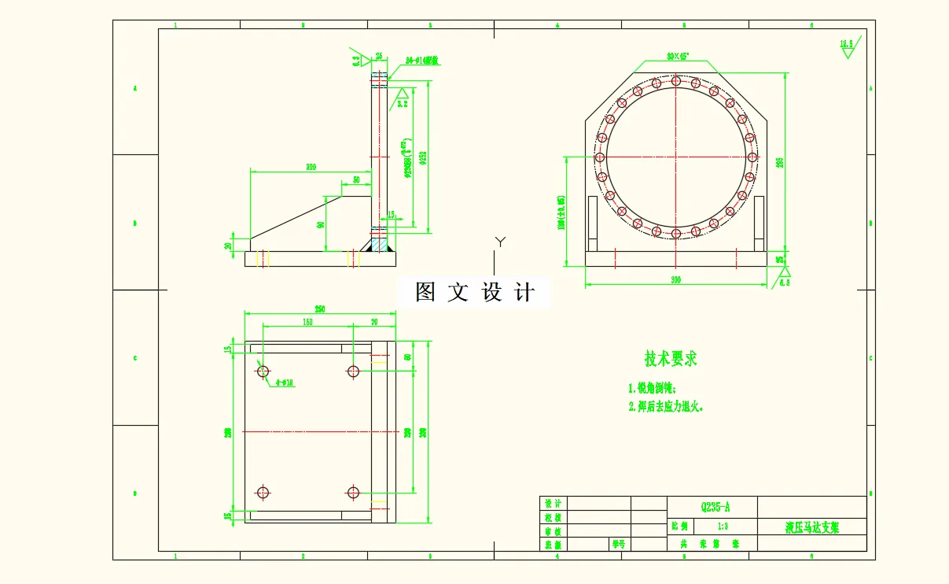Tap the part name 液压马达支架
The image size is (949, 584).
(x=812, y=527)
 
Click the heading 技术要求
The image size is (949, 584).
(x=671, y=360)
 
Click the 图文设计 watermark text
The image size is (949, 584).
(x=475, y=293)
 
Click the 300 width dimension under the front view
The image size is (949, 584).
(x=675, y=279)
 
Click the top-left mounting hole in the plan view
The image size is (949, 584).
(x=263, y=371)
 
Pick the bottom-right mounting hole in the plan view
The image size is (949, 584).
(x=353, y=493)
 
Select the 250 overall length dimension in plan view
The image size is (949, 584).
(x=320, y=309)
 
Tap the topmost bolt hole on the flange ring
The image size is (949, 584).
(x=676, y=81)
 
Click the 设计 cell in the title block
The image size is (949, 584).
(x=553, y=504)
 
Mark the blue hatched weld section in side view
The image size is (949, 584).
(x=380, y=246)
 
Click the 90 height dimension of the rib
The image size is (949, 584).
(x=321, y=224)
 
